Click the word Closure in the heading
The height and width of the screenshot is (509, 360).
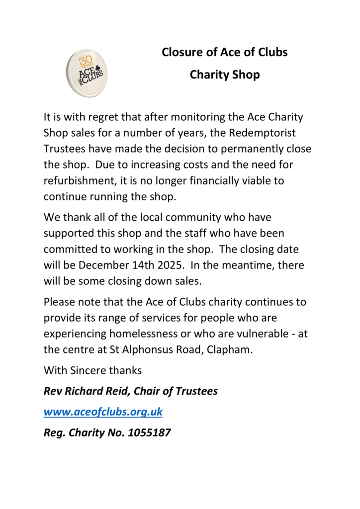point(182,52)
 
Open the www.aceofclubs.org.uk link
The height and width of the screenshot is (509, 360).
point(103,412)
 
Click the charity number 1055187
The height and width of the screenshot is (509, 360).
point(149,433)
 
